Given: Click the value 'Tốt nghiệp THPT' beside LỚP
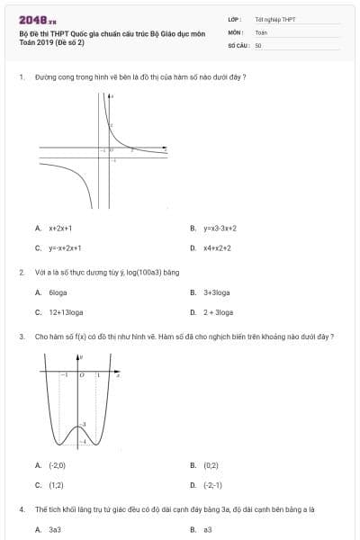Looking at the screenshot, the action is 275,19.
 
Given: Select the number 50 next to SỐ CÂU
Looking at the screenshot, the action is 258,44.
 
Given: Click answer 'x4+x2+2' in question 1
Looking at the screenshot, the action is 217,247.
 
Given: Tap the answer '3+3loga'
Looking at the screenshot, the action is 217,292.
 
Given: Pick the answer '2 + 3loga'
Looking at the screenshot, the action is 218,312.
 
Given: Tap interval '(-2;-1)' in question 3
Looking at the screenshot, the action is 213,485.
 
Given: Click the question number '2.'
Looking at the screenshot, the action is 21,272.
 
